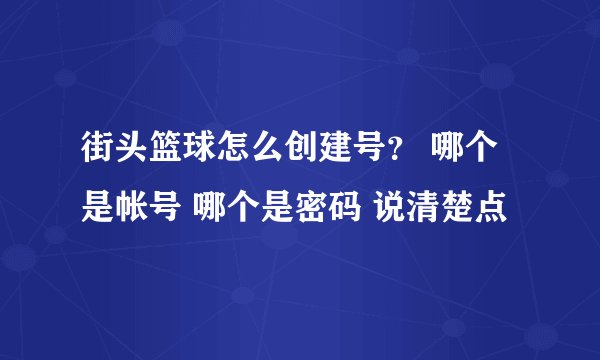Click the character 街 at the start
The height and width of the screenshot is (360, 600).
coord(97,155)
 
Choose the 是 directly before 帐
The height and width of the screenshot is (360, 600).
coord(97,209)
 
